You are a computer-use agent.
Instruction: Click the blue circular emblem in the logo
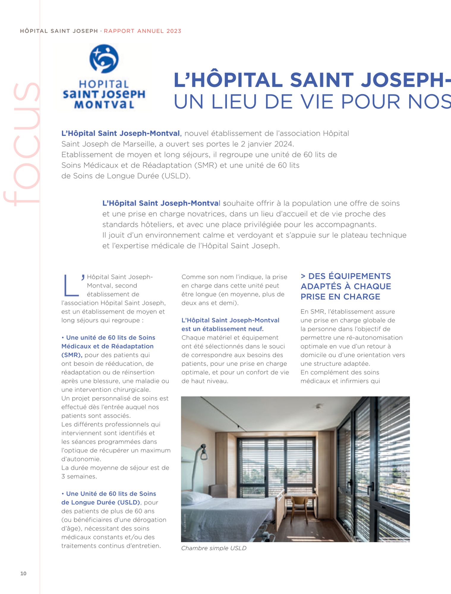[x=104, y=59]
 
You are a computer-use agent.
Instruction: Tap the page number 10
[x=23, y=573]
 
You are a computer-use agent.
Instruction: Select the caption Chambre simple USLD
[x=214, y=548]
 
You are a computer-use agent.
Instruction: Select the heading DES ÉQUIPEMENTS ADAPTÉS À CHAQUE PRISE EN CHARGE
[x=346, y=286]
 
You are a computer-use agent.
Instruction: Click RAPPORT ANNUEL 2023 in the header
[x=143, y=31]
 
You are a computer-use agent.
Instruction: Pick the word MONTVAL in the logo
[x=104, y=105]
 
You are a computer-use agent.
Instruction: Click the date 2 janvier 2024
[x=266, y=144]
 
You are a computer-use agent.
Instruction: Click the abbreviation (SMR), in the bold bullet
[x=72, y=355]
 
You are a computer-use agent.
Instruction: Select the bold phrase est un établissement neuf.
[x=222, y=329]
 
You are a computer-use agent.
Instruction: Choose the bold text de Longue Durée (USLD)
[x=100, y=502]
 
